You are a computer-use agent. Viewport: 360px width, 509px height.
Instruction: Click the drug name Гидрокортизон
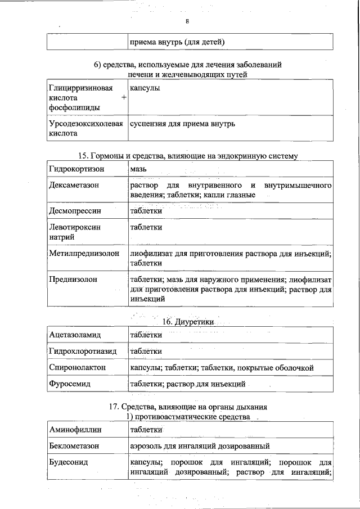[x=75, y=169]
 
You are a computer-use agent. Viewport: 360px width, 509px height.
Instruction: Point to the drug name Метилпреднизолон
[x=84, y=253]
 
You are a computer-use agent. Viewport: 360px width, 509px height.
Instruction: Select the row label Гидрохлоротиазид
[x=83, y=351]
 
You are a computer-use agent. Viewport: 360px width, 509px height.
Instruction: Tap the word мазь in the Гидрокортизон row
[x=138, y=169]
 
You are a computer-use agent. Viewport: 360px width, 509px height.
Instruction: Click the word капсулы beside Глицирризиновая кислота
[x=145, y=88]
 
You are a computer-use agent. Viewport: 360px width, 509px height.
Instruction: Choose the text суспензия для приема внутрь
[x=182, y=123]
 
